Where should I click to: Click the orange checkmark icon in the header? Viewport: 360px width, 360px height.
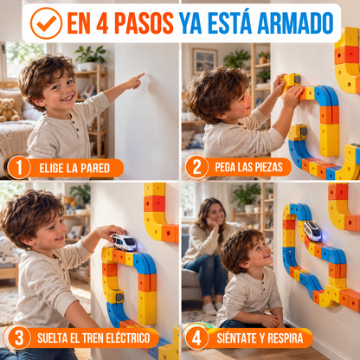tap(46, 23)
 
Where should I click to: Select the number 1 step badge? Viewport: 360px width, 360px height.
tap(19, 167)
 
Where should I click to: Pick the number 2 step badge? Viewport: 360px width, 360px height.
tap(196, 167)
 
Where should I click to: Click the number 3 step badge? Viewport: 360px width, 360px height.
tap(19, 337)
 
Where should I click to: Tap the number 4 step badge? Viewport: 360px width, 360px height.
tap(196, 337)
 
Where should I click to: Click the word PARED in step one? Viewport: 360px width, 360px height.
tap(95, 168)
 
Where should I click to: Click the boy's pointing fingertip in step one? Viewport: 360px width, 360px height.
tap(143, 74)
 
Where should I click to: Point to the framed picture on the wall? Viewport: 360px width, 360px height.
tap(205, 61)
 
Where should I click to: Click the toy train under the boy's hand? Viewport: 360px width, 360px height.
tap(124, 241)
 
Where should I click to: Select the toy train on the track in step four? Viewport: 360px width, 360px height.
tap(312, 231)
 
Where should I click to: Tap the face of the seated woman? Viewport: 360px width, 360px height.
tap(215, 214)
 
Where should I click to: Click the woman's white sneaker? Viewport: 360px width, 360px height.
tap(209, 309)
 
